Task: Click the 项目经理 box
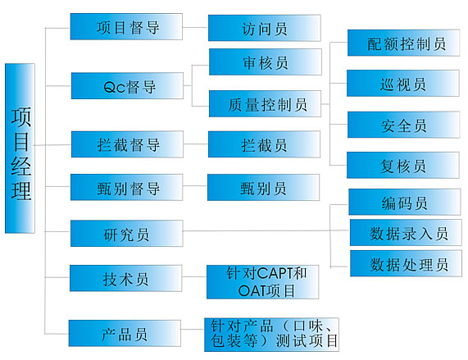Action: pyautogui.click(x=20, y=148)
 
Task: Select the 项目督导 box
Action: pyautogui.click(x=126, y=26)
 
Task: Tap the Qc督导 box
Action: pyautogui.click(x=127, y=85)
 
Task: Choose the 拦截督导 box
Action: pyautogui.click(x=127, y=144)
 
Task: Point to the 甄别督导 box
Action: pyautogui.click(x=126, y=188)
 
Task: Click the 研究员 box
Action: pyautogui.click(x=126, y=234)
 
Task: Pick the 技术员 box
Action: pyautogui.click(x=125, y=278)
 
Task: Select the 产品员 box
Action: pyautogui.click(x=125, y=333)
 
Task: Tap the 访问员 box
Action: pyautogui.click(x=265, y=28)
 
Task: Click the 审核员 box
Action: pyautogui.click(x=266, y=62)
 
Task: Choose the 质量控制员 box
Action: pyautogui.click(x=265, y=103)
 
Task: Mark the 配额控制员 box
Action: pyautogui.click(x=403, y=43)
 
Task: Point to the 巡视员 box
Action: pyautogui.click(x=403, y=84)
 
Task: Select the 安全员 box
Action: pyautogui.click(x=403, y=125)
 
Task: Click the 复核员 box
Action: pyautogui.click(x=403, y=165)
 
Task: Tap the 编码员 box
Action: pyautogui.click(x=405, y=202)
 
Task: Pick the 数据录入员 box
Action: pyautogui.click(x=406, y=233)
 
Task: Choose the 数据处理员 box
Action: pyautogui.click(x=406, y=263)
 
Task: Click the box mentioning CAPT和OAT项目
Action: pyautogui.click(x=262, y=282)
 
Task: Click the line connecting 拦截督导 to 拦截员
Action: pyautogui.click(x=196, y=144)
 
